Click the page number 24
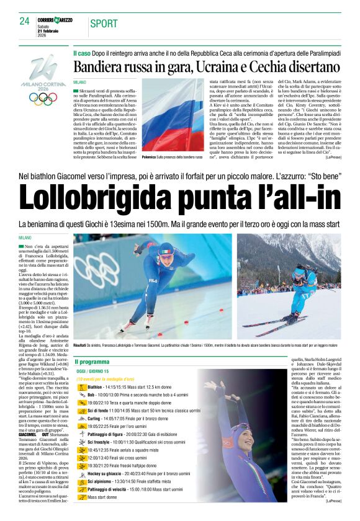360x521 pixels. pos(24,22)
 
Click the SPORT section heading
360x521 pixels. pos(104,24)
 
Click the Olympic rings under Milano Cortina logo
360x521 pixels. pos(43,98)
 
